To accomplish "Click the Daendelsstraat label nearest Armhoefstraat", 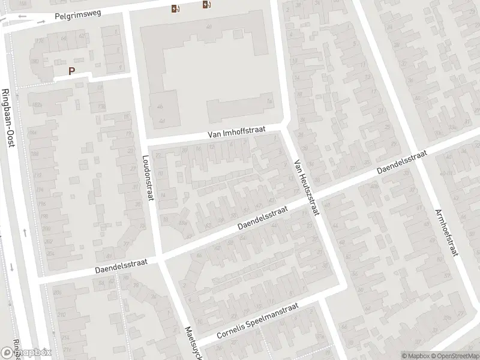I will point(401,163).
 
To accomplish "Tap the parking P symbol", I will point(71,71).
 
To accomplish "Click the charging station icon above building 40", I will point(175,8).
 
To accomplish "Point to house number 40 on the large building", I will point(209,27).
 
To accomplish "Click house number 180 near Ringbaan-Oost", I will point(34,61).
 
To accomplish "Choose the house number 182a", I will point(37,104).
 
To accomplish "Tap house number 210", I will point(61,315).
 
